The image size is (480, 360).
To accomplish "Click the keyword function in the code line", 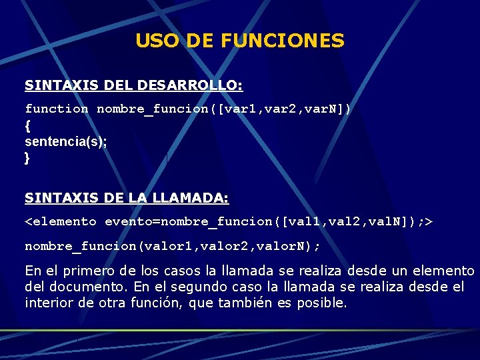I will [57, 108].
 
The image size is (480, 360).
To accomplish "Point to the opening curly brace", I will [27, 125].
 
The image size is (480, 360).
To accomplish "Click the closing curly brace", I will [27, 159].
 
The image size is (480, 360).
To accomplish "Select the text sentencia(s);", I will [65, 142].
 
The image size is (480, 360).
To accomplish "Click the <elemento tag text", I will [61, 221].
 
